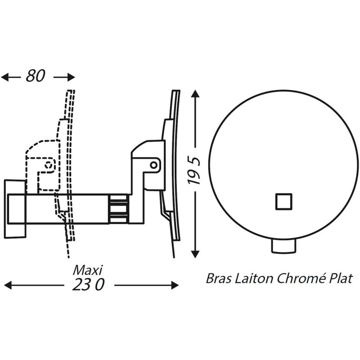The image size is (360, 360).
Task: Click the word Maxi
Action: (x=88, y=270)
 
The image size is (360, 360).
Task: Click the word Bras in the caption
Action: (x=218, y=278)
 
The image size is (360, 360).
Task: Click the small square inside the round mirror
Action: (x=284, y=201)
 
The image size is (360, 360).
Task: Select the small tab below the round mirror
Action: (x=284, y=246)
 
